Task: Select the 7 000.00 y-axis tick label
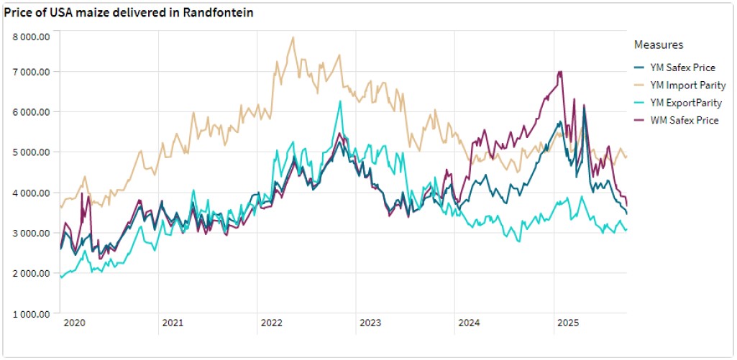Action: (x=32, y=72)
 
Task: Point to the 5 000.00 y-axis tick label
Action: (x=32, y=152)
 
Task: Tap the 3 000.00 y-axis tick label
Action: (x=32, y=234)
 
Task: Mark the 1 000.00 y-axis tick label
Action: (x=32, y=314)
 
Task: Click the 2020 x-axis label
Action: (x=75, y=323)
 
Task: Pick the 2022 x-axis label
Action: (x=271, y=323)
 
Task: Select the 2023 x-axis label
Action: (x=369, y=323)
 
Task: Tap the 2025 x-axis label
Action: (x=565, y=323)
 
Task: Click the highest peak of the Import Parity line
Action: (x=293, y=37)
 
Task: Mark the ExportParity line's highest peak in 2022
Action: (x=340, y=101)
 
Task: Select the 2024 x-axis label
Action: (x=467, y=323)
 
